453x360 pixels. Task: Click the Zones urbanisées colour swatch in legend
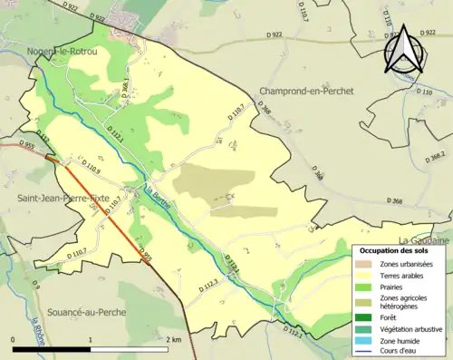pyautogui.click(x=367, y=264)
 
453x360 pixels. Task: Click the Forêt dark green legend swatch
pyautogui.click(x=367, y=317)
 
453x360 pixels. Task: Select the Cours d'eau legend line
pyautogui.click(x=367, y=350)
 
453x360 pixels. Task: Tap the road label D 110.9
pyautogui.click(x=92, y=168)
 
